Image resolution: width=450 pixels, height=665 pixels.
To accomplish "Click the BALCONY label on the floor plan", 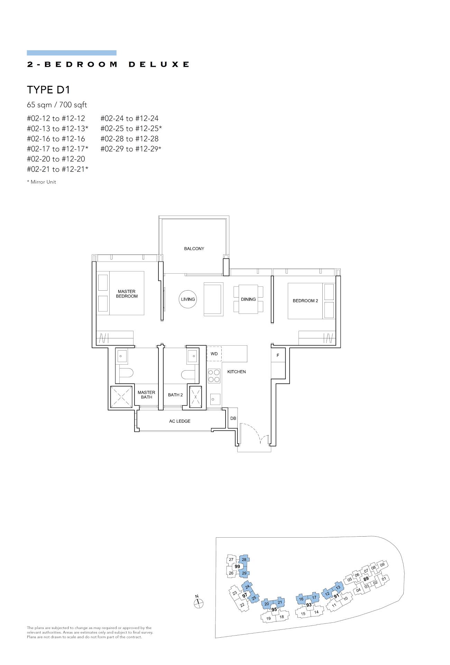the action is pyautogui.click(x=194, y=249).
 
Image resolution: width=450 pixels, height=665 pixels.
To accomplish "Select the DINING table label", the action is pyautogui.click(x=248, y=299).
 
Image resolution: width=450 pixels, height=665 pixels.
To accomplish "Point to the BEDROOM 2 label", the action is pyautogui.click(x=305, y=301).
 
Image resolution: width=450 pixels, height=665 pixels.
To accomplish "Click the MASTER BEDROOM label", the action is pyautogui.click(x=127, y=294).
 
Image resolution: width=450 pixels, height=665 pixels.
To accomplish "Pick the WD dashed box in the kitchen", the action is pyautogui.click(x=214, y=354).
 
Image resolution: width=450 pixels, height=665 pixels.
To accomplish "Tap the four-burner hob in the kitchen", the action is pyautogui.click(x=214, y=376).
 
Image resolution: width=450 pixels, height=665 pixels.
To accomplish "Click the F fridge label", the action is pyautogui.click(x=278, y=355).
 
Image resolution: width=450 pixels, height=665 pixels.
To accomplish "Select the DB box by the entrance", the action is pyautogui.click(x=233, y=418).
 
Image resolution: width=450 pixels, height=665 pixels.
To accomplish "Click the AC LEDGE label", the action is pyautogui.click(x=180, y=421).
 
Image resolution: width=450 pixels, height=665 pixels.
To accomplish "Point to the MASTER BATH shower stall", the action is pyautogui.click(x=121, y=397).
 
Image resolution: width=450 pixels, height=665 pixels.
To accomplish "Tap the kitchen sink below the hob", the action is pyautogui.click(x=215, y=399).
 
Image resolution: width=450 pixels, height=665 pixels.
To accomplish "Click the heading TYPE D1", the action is pyautogui.click(x=48, y=90).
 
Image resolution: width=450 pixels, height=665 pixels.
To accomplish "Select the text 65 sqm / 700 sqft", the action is pyautogui.click(x=57, y=105).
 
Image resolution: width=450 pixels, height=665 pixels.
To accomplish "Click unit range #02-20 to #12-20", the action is pyautogui.click(x=56, y=159).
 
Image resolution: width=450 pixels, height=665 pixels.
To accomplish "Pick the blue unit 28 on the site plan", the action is pyautogui.click(x=244, y=559).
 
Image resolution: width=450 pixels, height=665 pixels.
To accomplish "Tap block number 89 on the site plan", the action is pyautogui.click(x=366, y=578).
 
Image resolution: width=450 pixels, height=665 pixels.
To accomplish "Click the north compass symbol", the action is pyautogui.click(x=199, y=603).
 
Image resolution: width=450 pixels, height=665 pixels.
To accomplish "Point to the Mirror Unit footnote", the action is pyautogui.click(x=42, y=182).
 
